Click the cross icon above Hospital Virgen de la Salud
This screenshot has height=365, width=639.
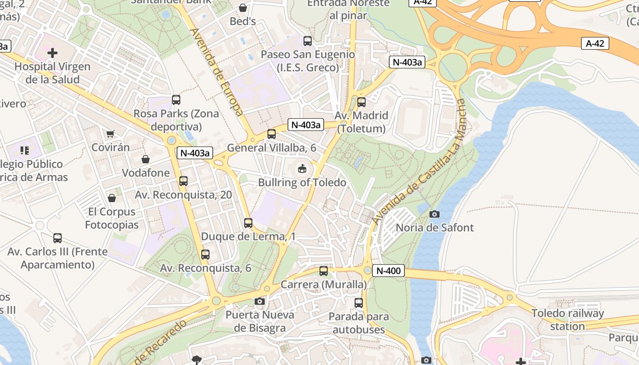[52, 53]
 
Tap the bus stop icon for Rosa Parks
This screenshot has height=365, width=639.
[176, 100]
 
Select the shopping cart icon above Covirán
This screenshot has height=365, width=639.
[110, 134]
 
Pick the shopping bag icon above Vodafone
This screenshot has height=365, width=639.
[146, 159]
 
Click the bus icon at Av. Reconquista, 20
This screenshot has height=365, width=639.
[183, 181]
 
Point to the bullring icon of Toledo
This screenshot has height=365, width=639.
[302, 169]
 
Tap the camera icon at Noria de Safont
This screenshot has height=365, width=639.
[435, 214]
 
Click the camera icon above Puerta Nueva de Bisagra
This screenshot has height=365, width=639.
[260, 301]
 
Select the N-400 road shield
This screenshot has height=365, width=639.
[388, 271]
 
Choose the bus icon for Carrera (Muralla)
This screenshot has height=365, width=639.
[324, 271]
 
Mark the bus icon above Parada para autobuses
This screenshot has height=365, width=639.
[359, 302]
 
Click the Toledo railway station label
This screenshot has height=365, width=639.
[567, 320]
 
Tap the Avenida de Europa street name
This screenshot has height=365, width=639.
[217, 72]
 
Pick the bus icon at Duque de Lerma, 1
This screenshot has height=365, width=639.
[248, 223]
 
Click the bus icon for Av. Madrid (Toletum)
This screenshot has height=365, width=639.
[361, 102]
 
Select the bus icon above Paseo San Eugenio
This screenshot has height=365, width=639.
[308, 41]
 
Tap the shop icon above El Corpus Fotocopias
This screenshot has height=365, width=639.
[112, 198]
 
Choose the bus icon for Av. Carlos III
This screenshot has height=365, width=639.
[58, 238]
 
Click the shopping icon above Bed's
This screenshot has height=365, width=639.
[243, 8]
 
